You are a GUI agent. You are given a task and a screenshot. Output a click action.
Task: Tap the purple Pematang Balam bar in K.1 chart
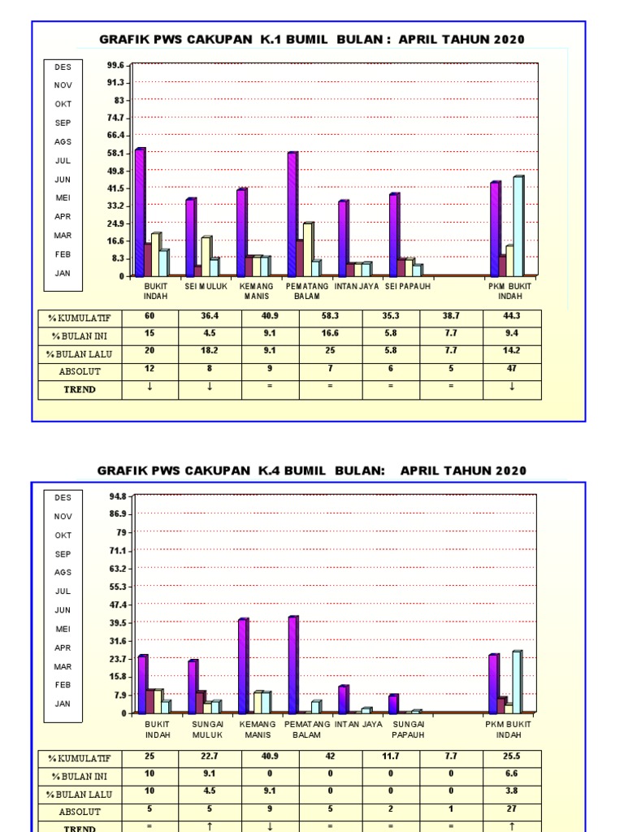pos(292,214)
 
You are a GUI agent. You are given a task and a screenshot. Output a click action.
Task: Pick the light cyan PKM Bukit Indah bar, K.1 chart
pos(518,226)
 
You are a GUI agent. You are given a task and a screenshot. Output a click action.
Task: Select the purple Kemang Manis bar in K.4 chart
pos(241,666)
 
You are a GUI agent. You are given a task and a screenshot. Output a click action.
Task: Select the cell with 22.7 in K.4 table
pos(210,756)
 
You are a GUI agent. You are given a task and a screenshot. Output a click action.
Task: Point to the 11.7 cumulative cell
pos(390,756)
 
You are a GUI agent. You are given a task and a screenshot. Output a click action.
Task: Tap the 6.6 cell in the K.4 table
pos(511,774)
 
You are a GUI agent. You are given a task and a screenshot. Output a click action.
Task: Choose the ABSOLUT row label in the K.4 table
pos(80,812)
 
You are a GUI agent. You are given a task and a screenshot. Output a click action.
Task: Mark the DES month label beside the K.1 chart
pos(63,67)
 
